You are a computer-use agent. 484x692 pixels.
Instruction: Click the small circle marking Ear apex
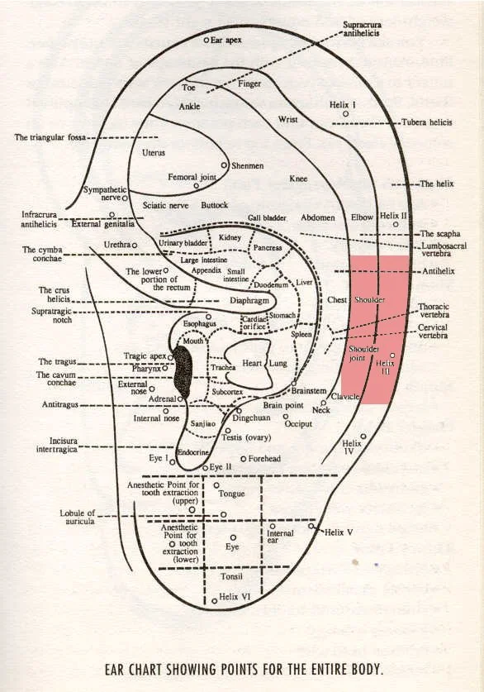tap(206, 40)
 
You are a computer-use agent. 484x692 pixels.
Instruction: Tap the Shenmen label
tap(246, 165)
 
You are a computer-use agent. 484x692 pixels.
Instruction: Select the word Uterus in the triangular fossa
tap(154, 153)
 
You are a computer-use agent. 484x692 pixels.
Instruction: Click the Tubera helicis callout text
tap(426, 122)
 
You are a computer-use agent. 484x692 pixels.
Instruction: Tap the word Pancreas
tap(268, 247)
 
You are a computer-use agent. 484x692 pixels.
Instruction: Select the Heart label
tap(251, 363)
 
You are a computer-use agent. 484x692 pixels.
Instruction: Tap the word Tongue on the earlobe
tap(232, 494)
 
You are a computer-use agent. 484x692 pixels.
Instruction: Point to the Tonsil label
tap(232, 575)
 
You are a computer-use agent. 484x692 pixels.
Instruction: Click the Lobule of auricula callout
tap(78, 517)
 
